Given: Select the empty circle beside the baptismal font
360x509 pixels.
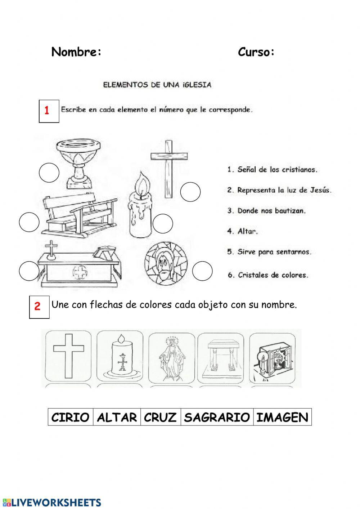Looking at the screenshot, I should click(49, 173).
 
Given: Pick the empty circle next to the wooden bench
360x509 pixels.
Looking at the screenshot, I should click(29, 222).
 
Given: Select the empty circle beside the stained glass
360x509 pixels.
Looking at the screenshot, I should click(202, 271).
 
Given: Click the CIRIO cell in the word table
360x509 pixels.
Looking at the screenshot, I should click(71, 417).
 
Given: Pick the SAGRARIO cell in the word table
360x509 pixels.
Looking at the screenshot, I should click(217, 417).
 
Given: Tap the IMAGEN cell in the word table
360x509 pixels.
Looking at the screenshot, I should click(282, 417).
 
